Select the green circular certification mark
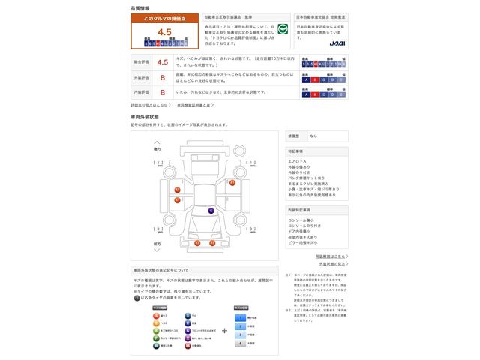(283, 29)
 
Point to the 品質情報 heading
(140, 7)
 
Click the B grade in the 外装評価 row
(163, 77)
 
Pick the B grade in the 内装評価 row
(163, 92)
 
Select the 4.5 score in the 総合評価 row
(163, 62)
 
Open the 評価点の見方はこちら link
(151, 105)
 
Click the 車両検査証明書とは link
(199, 105)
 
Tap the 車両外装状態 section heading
(145, 117)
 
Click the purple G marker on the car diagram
(211, 211)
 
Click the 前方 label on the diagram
(157, 244)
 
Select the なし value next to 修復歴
(313, 136)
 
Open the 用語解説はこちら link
(330, 256)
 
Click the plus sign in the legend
(224, 329)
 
